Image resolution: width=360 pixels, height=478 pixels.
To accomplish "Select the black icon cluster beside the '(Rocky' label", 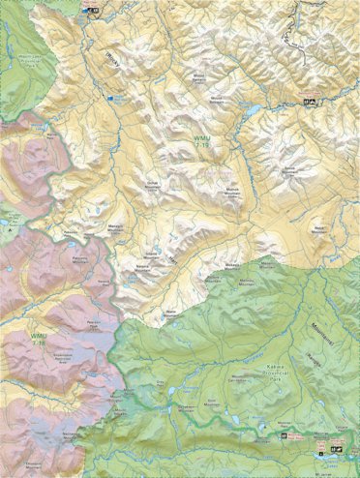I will point(94,12).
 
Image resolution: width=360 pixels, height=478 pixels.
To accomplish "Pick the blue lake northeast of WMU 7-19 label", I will point(251,111).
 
